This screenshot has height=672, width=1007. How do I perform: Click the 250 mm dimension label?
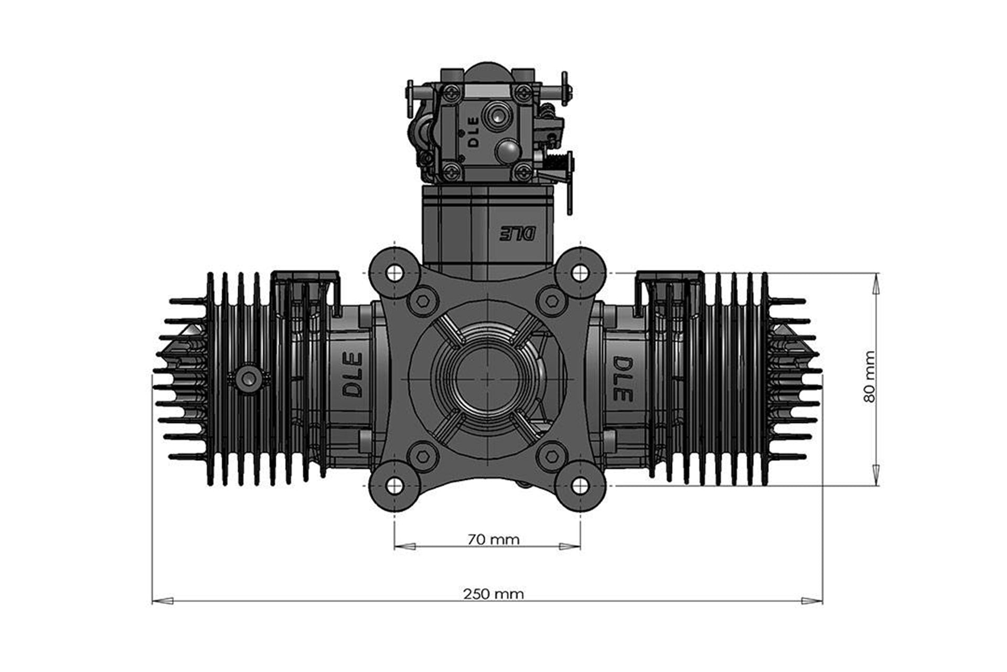click(x=493, y=594)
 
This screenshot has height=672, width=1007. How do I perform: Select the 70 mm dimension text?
click(x=493, y=539)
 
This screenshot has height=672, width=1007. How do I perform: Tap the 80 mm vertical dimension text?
click(x=869, y=376)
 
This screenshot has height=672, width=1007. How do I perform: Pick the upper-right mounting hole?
click(x=580, y=272)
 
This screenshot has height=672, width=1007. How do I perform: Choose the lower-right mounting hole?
click(x=580, y=486)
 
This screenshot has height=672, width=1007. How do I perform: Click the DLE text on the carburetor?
click(x=473, y=132)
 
